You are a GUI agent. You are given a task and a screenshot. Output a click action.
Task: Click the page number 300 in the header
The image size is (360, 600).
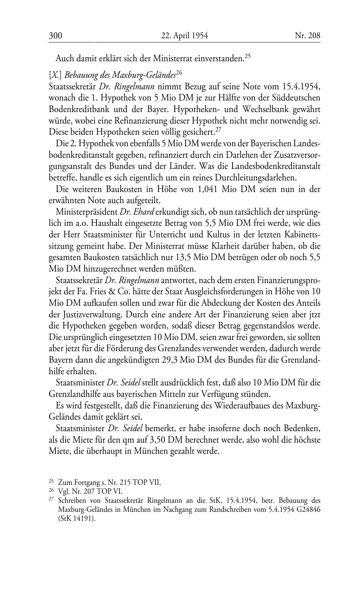coord(55,35)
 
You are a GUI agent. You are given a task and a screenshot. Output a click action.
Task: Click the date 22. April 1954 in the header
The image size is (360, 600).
coord(185,35)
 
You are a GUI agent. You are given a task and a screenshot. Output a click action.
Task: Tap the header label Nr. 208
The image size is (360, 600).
coord(307,35)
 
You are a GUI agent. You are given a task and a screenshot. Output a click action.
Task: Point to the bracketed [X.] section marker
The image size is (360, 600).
coord(55,75)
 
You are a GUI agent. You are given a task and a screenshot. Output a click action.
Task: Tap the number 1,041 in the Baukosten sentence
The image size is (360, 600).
coord(207,189)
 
